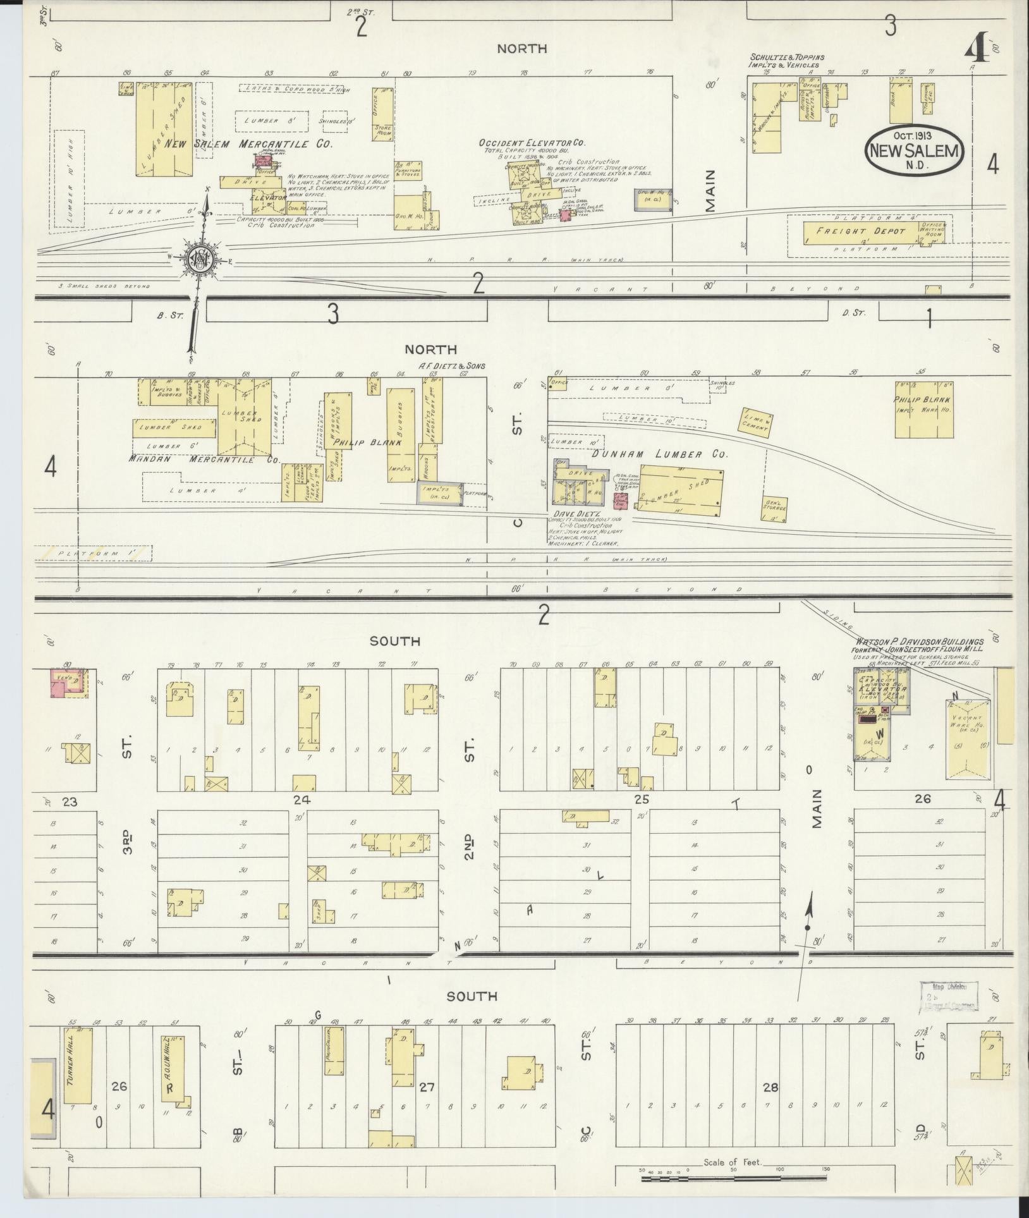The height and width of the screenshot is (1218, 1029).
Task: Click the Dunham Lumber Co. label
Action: coord(659,454)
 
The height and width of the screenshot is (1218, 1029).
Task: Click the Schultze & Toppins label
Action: coord(786,61)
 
